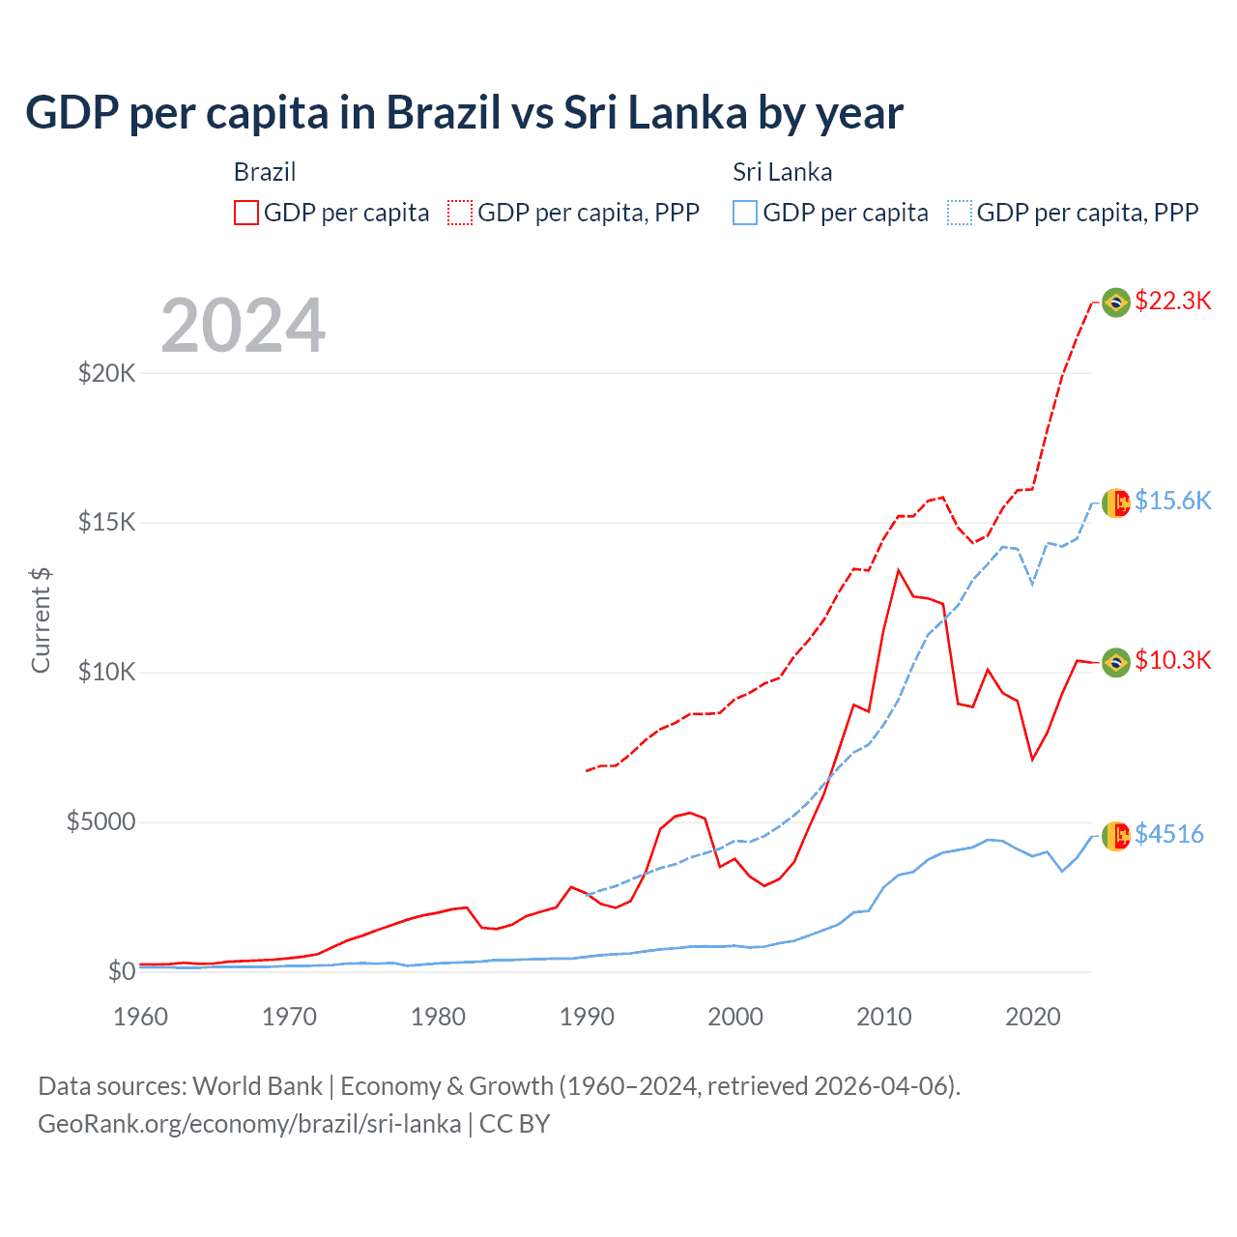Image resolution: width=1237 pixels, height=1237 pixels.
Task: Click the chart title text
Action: [464, 113]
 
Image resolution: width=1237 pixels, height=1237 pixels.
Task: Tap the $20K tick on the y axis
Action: [106, 373]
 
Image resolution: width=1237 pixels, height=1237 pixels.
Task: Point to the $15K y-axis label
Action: [106, 523]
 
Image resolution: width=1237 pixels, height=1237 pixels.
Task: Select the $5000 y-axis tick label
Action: [101, 822]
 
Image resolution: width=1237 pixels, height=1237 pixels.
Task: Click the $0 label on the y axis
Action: [121, 971]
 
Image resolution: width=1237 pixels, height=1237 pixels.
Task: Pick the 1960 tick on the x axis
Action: [141, 1017]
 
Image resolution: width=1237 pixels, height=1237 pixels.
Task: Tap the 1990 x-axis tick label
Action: [587, 1017]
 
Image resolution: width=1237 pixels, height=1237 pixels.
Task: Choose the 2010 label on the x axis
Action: [884, 1017]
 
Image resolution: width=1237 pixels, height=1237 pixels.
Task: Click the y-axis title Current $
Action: [41, 620]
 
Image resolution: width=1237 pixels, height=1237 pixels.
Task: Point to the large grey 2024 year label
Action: [243, 326]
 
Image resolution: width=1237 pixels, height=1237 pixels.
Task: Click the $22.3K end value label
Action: [1173, 301]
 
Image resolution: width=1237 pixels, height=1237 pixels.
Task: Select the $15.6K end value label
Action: [1173, 501]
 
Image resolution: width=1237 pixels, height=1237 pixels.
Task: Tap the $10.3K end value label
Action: [1173, 660]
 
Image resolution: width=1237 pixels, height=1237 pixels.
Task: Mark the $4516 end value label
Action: [1169, 834]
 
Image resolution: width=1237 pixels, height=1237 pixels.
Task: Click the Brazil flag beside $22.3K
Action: [1116, 302]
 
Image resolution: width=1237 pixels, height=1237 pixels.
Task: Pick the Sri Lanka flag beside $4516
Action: [1116, 836]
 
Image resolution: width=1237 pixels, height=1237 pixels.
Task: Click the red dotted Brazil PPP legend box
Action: [460, 213]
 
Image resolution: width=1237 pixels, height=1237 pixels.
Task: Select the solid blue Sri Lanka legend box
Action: [745, 213]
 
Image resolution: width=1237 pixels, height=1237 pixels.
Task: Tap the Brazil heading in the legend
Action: [265, 172]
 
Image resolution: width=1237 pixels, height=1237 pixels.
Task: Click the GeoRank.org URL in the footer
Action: [249, 1124]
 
